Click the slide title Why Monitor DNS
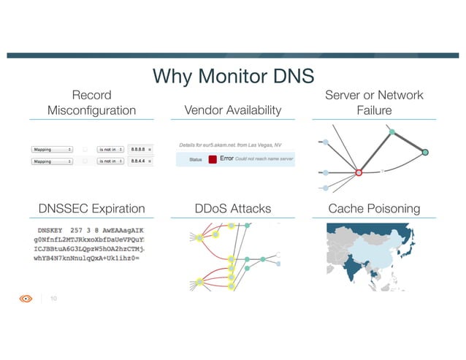click(x=232, y=75)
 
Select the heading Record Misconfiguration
click(x=91, y=103)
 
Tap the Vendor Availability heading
click(x=233, y=110)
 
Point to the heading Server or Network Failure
click(x=374, y=103)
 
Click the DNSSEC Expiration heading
click(x=91, y=209)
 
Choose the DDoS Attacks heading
click(x=233, y=209)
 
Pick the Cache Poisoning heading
click(x=374, y=209)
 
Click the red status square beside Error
click(x=213, y=158)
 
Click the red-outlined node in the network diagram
click(x=358, y=173)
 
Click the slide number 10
click(x=53, y=298)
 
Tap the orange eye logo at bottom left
click(x=26, y=298)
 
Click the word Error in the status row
click(x=226, y=158)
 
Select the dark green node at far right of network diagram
click(x=425, y=152)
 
